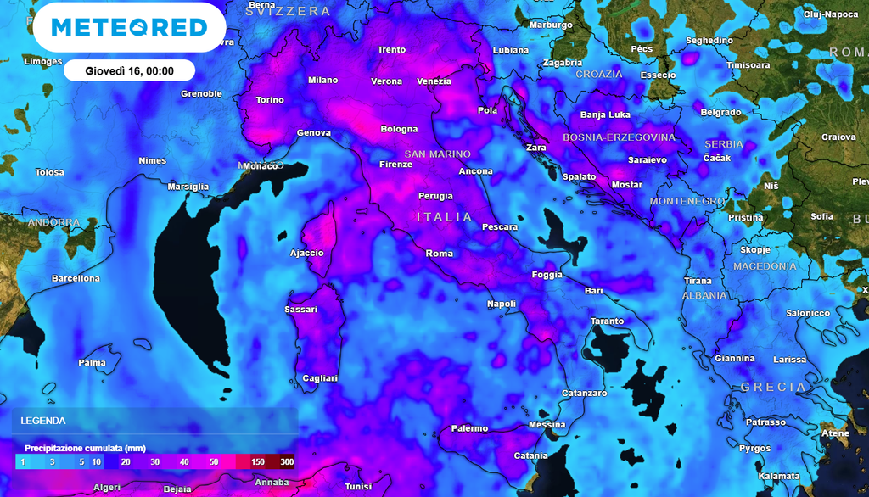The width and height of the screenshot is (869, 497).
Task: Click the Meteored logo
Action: [129, 27]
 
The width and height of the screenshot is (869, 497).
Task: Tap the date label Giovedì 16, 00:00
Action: [129, 70]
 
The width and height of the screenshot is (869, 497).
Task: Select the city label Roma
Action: [439, 254]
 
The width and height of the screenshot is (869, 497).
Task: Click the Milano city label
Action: [322, 81]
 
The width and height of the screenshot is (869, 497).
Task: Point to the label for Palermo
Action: [469, 428]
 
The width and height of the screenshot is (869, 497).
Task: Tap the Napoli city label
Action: [502, 304]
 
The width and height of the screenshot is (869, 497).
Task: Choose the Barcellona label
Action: [76, 278]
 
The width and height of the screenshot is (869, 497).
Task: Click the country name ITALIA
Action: [445, 217]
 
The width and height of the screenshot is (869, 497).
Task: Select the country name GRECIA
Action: [773, 387]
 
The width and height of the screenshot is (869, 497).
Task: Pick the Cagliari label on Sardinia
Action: [320, 378]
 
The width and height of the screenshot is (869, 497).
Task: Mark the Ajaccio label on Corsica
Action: [306, 253]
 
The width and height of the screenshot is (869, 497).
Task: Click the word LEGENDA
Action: [43, 421]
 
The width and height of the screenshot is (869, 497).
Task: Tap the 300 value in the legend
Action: [288, 461]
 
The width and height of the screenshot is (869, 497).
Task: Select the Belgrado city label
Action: [720, 112]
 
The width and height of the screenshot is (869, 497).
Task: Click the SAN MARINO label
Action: [437, 154]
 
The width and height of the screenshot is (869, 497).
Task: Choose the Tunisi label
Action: [358, 487]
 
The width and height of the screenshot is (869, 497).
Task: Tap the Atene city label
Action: [835, 433]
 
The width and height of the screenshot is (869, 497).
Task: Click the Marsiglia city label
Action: [188, 187]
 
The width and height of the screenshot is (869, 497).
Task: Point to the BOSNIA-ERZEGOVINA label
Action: [619, 137]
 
